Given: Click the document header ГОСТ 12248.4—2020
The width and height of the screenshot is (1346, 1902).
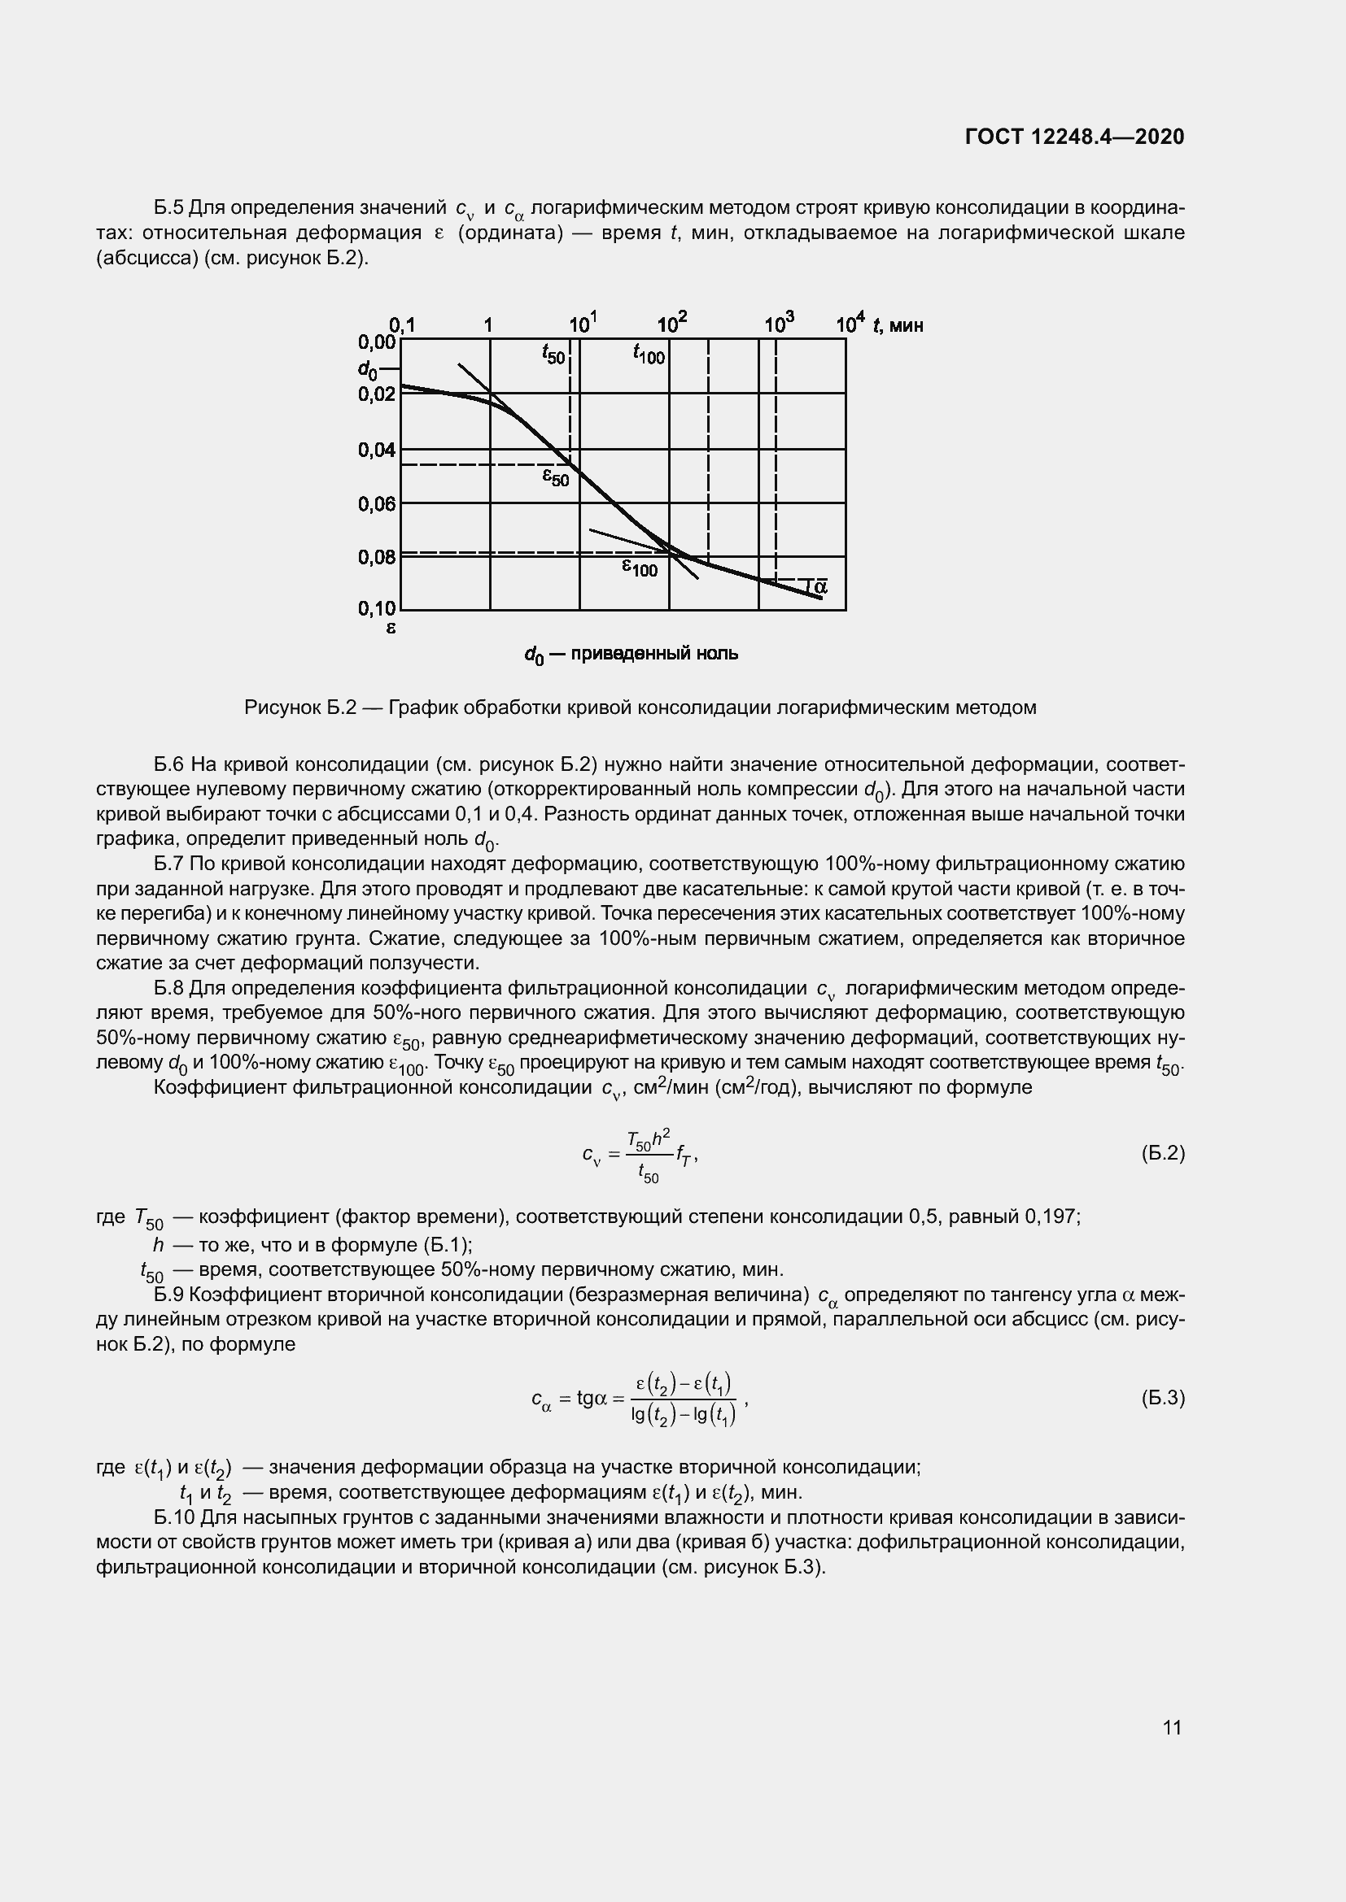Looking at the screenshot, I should tap(1074, 137).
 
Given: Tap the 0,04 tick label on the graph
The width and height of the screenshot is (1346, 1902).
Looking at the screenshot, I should tap(376, 450).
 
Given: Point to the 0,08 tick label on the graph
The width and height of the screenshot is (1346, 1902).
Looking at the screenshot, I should tap(376, 558).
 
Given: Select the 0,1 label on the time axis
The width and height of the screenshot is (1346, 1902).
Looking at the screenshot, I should tap(402, 324).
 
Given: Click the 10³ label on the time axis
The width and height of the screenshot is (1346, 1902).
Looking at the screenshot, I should tap(778, 323).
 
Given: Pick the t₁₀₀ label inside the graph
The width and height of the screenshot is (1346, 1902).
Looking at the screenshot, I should tap(649, 354).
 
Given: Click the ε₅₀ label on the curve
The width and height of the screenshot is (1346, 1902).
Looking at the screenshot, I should tap(555, 477).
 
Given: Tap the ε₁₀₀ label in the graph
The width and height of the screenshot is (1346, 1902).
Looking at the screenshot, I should tap(639, 568).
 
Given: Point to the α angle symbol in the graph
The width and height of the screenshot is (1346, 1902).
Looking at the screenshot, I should tap(819, 586).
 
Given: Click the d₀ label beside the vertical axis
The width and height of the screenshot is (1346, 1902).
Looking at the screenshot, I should tap(368, 368).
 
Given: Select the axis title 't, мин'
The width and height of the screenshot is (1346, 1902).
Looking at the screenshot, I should tap(898, 325).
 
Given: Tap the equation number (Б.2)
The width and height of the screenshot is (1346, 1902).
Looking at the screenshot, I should tap(1163, 1153).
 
